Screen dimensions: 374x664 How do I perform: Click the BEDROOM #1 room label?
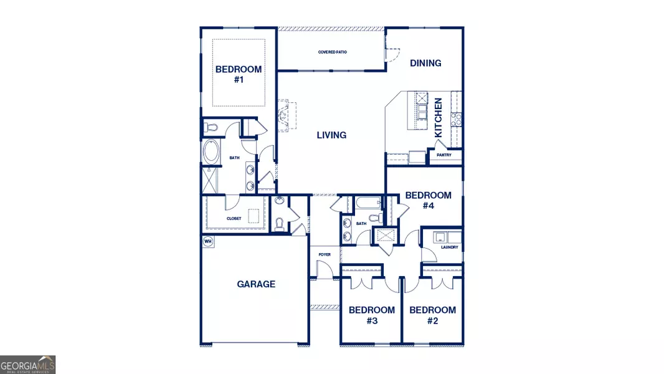239,74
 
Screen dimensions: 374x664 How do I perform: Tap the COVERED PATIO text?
331,52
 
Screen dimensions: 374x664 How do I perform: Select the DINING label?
425,63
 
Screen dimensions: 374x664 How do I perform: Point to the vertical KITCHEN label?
439,117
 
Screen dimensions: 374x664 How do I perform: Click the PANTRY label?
444,155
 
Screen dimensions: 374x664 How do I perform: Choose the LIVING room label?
331,135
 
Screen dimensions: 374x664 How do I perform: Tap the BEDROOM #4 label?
428,200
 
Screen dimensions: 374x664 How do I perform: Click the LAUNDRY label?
449,247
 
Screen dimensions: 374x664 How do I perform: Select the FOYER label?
325,254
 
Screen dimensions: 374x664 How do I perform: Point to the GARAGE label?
256,284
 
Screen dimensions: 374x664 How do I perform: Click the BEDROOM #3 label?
371,315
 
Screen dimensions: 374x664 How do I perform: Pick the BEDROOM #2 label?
432,315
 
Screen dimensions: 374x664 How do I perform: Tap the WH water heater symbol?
208,241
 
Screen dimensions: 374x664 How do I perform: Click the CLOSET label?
234,219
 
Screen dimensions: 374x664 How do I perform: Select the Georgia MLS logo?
28,364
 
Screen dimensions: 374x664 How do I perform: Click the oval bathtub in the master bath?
211,152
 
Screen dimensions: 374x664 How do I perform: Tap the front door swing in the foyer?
325,269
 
